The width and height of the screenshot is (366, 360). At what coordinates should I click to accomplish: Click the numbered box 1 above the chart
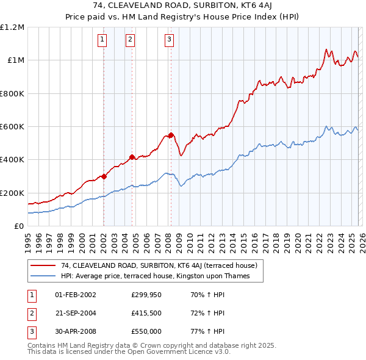(102, 40)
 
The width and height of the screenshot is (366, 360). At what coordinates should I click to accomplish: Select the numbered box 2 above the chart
(131, 40)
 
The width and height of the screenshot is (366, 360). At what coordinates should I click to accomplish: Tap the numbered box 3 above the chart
(169, 40)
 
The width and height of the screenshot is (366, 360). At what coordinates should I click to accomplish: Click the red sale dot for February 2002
(104, 176)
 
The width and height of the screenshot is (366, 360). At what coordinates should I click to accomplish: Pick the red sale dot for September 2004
(132, 157)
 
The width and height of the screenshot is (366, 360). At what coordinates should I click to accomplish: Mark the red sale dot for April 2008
(171, 135)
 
